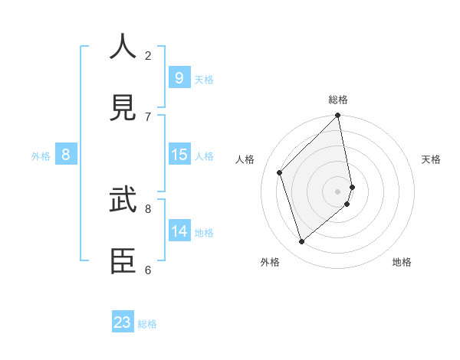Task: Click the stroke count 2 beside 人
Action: pyautogui.click(x=148, y=55)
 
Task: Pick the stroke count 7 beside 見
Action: pyautogui.click(x=148, y=116)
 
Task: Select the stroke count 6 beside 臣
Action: pyautogui.click(x=148, y=270)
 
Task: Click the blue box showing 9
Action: pyautogui.click(x=179, y=77)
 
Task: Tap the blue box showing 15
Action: pyautogui.click(x=179, y=155)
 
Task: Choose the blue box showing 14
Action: pyautogui.click(x=179, y=231)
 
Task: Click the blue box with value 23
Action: pyautogui.click(x=123, y=322)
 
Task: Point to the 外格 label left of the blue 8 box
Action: pyautogui.click(x=41, y=156)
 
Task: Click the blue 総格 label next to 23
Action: pyautogui.click(x=147, y=324)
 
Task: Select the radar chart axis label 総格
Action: pyautogui.click(x=338, y=100)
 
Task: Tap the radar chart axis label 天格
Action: pyautogui.click(x=431, y=159)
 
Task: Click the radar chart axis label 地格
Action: pyautogui.click(x=402, y=262)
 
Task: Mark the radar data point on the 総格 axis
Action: pyautogui.click(x=338, y=116)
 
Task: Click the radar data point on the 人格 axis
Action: pyautogui.click(x=280, y=172)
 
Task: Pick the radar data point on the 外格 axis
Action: pyautogui.click(x=302, y=241)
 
